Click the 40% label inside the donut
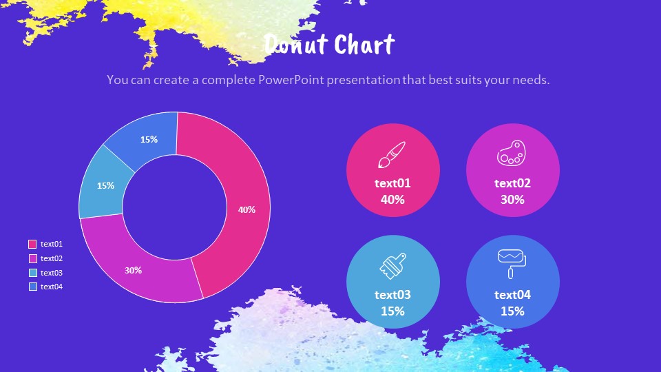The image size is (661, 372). [x=246, y=209]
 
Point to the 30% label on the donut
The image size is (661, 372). [x=134, y=270]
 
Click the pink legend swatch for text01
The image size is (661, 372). [x=32, y=244]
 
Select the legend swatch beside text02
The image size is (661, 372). [x=32, y=258]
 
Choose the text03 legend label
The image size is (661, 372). [x=52, y=273]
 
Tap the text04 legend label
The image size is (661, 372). [x=52, y=287]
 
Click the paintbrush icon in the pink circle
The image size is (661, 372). [x=392, y=156]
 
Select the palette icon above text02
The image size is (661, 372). [x=512, y=154]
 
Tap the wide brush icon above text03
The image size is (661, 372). [x=392, y=266]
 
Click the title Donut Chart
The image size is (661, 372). [x=329, y=45]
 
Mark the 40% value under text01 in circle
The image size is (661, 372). [x=392, y=200]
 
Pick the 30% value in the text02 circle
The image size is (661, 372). [x=512, y=200]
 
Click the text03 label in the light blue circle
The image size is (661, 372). [x=392, y=295]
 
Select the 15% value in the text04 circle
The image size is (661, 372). [x=512, y=311]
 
